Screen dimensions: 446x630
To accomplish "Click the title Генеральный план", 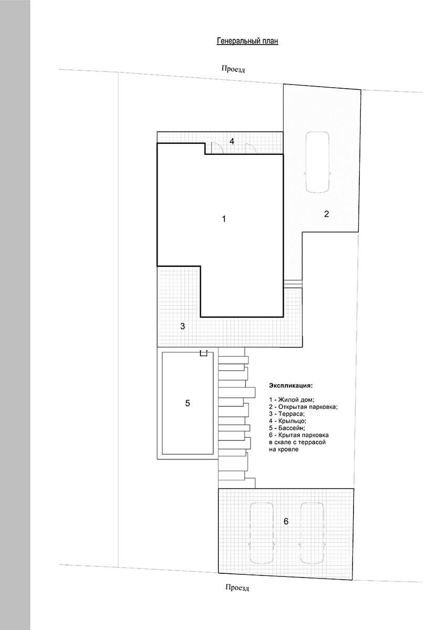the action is click(x=247, y=41).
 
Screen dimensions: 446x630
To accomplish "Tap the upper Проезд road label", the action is click(x=233, y=69).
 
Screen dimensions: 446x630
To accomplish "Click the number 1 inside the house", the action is click(x=224, y=219).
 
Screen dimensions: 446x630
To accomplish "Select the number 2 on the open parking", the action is click(x=326, y=214).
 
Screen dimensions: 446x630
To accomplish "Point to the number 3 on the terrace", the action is click(x=183, y=326).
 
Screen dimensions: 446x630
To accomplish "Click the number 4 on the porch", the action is click(x=232, y=141).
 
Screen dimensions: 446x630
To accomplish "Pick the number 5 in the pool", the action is click(x=188, y=403).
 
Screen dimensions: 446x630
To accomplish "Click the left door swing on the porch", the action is click(x=217, y=148).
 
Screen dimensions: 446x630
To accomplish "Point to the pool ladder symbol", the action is click(x=203, y=353).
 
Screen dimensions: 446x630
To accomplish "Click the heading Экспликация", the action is click(x=291, y=385).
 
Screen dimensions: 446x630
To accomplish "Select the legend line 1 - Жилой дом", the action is click(x=292, y=400).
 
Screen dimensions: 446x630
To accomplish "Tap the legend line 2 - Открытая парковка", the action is click(x=303, y=407).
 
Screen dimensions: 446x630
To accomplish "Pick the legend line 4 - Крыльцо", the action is click(x=287, y=421).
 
